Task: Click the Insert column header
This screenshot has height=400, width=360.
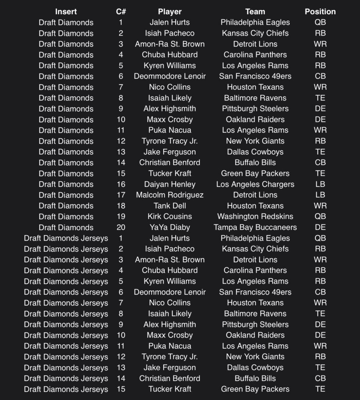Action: pyautogui.click(x=66, y=12)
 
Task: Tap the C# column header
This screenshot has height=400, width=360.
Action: pyautogui.click(x=121, y=12)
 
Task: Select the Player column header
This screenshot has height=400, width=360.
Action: pyautogui.click(x=169, y=12)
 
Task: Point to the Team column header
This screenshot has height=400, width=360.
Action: pyautogui.click(x=255, y=12)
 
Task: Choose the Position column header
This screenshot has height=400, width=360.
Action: pyautogui.click(x=320, y=12)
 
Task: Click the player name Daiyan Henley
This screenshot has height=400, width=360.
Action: pyautogui.click(x=169, y=184)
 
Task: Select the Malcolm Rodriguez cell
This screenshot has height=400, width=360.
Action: pyautogui.click(x=169, y=195)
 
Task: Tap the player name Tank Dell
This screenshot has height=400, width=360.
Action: pyautogui.click(x=169, y=206)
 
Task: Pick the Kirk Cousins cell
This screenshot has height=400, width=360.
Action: pyautogui.click(x=169, y=216)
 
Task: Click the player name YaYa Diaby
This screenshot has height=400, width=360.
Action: pyautogui.click(x=169, y=227)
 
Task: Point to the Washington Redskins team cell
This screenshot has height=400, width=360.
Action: pyautogui.click(x=255, y=216)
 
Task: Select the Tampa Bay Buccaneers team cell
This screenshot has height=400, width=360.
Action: pyautogui.click(x=255, y=227)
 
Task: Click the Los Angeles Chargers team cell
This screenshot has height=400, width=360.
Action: pyautogui.click(x=255, y=184)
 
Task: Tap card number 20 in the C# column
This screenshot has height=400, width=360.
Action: pyautogui.click(x=121, y=227)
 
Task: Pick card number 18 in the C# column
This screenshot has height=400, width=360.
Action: pyautogui.click(x=121, y=206)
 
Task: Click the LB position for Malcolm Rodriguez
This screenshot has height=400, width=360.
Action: pyautogui.click(x=320, y=195)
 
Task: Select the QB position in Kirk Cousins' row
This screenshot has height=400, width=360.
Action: pyautogui.click(x=320, y=216)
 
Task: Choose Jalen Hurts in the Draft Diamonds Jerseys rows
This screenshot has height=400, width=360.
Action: pyautogui.click(x=169, y=238)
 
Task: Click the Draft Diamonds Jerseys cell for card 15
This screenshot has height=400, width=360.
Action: pyautogui.click(x=66, y=389)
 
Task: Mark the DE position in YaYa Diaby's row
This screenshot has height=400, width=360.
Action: pyautogui.click(x=320, y=227)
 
